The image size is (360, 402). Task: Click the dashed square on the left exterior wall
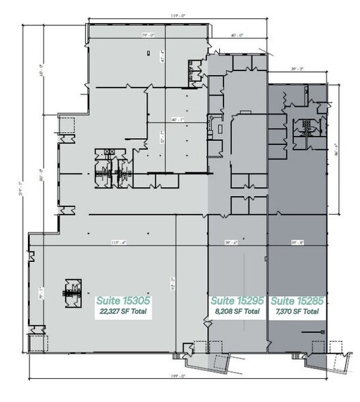pos(67,126)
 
